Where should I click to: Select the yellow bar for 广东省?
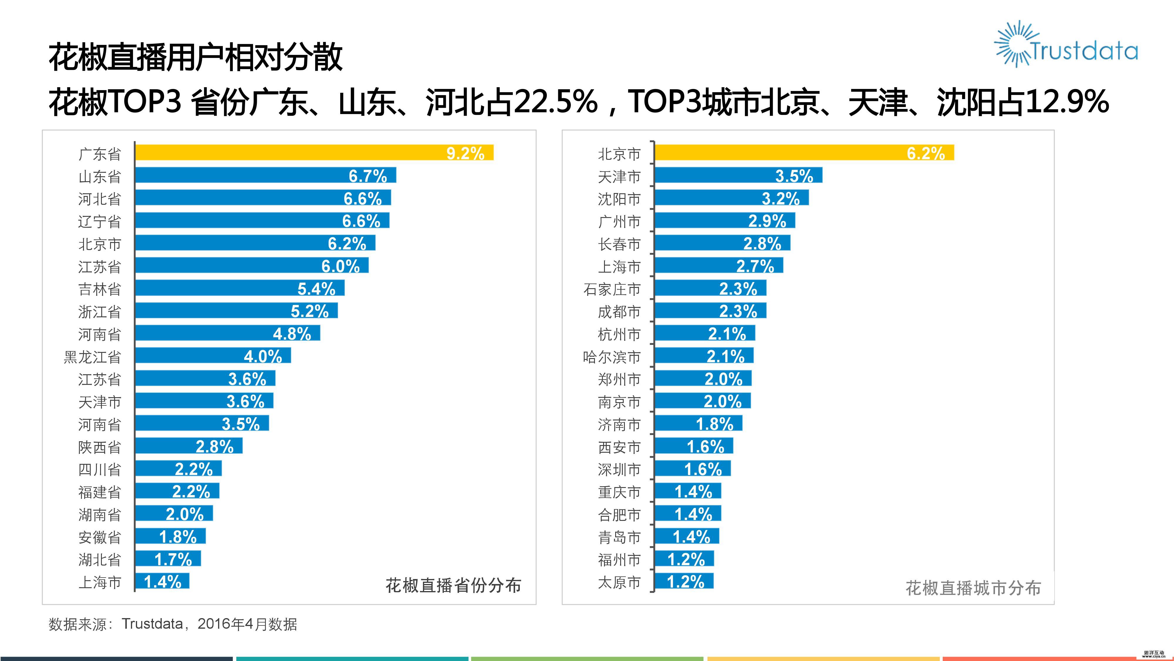tap(314, 153)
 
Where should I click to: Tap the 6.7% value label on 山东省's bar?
tap(367, 176)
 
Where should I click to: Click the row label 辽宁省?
tap(99, 222)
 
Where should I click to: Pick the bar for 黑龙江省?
tap(212, 356)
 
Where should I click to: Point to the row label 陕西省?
tap(99, 447)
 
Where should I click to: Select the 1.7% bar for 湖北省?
tap(168, 559)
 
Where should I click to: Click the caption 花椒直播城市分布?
tap(973, 588)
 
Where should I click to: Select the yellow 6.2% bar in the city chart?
tap(804, 153)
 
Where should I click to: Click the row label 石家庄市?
tap(612, 289)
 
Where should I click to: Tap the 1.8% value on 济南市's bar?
tap(714, 424)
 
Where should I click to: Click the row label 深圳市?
tap(619, 469)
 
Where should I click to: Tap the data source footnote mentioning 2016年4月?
tap(173, 624)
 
